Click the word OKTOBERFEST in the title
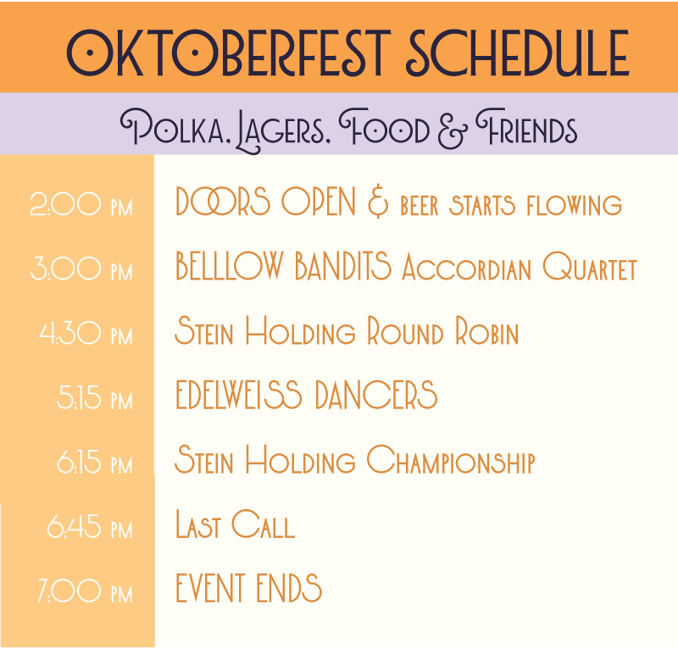(x=229, y=53)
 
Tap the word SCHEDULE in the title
(x=518, y=53)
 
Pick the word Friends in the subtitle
(x=526, y=126)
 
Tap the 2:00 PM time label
(x=81, y=204)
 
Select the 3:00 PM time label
(x=81, y=269)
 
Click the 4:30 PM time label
(x=86, y=333)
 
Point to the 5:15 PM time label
(x=95, y=397)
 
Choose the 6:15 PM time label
(x=95, y=462)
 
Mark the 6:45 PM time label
(x=90, y=527)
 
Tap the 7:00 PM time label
(x=86, y=591)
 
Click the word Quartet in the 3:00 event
(x=590, y=266)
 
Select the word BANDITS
(x=343, y=265)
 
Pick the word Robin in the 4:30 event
(x=486, y=330)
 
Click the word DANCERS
(x=376, y=394)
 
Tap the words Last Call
(x=236, y=524)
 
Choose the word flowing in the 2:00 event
(x=575, y=205)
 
